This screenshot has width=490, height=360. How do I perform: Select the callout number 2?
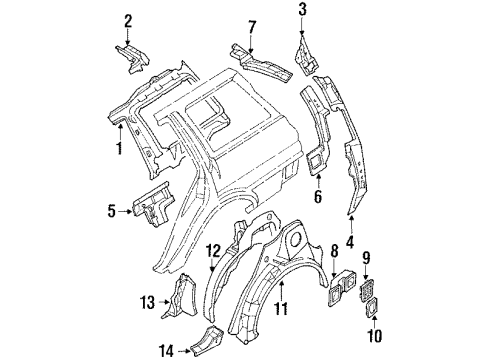tap(128, 20)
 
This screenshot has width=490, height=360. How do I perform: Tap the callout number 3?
tap(301, 11)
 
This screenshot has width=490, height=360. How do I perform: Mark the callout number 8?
tap(334, 252)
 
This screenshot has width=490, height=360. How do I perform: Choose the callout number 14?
tap(166, 350)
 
